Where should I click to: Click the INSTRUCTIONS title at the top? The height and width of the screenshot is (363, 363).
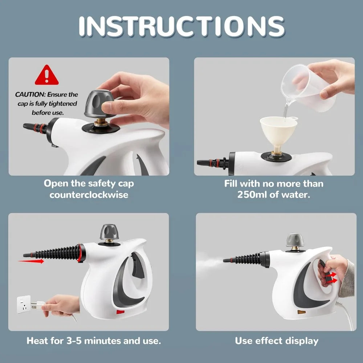pyautogui.click(x=181, y=26)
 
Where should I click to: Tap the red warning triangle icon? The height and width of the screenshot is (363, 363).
pyautogui.click(x=46, y=76)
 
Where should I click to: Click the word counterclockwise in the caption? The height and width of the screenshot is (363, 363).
pyautogui.click(x=89, y=195)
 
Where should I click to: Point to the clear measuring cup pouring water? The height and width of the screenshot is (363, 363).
pyautogui.click(x=309, y=87)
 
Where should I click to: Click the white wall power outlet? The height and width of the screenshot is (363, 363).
pyautogui.click(x=24, y=304)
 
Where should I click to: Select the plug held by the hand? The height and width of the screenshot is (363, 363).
pyautogui.click(x=38, y=305)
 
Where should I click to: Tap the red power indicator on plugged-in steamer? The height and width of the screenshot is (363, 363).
pyautogui.click(x=120, y=311)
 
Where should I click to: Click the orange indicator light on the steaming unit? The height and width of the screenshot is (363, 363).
pyautogui.click(x=302, y=312)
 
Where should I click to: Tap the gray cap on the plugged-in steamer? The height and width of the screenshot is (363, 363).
pyautogui.click(x=109, y=231)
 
